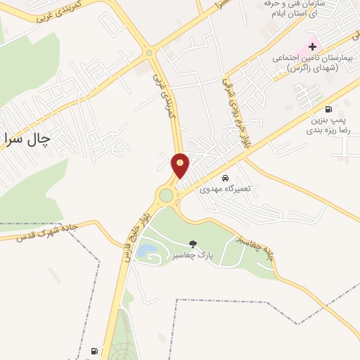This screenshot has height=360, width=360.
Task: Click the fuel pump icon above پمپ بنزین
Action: (328, 109)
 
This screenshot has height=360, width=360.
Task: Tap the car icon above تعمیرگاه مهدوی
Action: (225, 177)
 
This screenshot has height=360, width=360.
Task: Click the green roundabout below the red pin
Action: (167, 195)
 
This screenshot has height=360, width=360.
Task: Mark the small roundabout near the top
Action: (148, 52)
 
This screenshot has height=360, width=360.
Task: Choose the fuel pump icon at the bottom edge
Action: (95, 351)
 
